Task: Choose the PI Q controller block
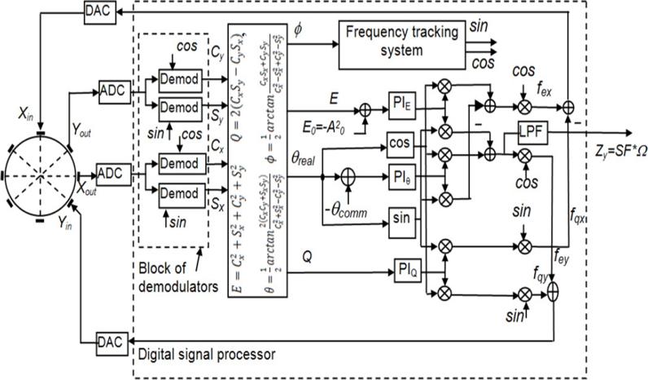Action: pos(409,268)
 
